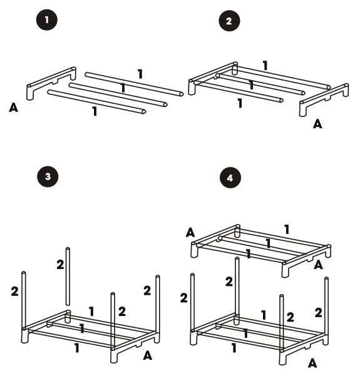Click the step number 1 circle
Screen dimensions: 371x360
coord(47,20)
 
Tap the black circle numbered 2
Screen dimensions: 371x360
coord(229,21)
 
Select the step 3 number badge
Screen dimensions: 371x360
coord(48,177)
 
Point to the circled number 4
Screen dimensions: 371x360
coord(230,178)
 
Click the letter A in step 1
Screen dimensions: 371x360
coord(14,108)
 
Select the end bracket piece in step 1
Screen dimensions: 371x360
coord(50,83)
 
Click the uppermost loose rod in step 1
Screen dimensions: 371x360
coord(133,84)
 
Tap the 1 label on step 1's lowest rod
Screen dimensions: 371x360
coord(95,112)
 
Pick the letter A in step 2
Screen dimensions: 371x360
coord(317,124)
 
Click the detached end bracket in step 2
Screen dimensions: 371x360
coord(324,99)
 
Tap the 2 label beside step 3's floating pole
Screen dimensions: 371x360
coord(60,265)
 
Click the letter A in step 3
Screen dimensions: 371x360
coord(147,356)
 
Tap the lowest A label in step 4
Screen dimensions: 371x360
coord(312,362)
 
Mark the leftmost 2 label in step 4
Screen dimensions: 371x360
coord(184,298)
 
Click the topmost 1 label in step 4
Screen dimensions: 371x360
coord(287,230)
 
